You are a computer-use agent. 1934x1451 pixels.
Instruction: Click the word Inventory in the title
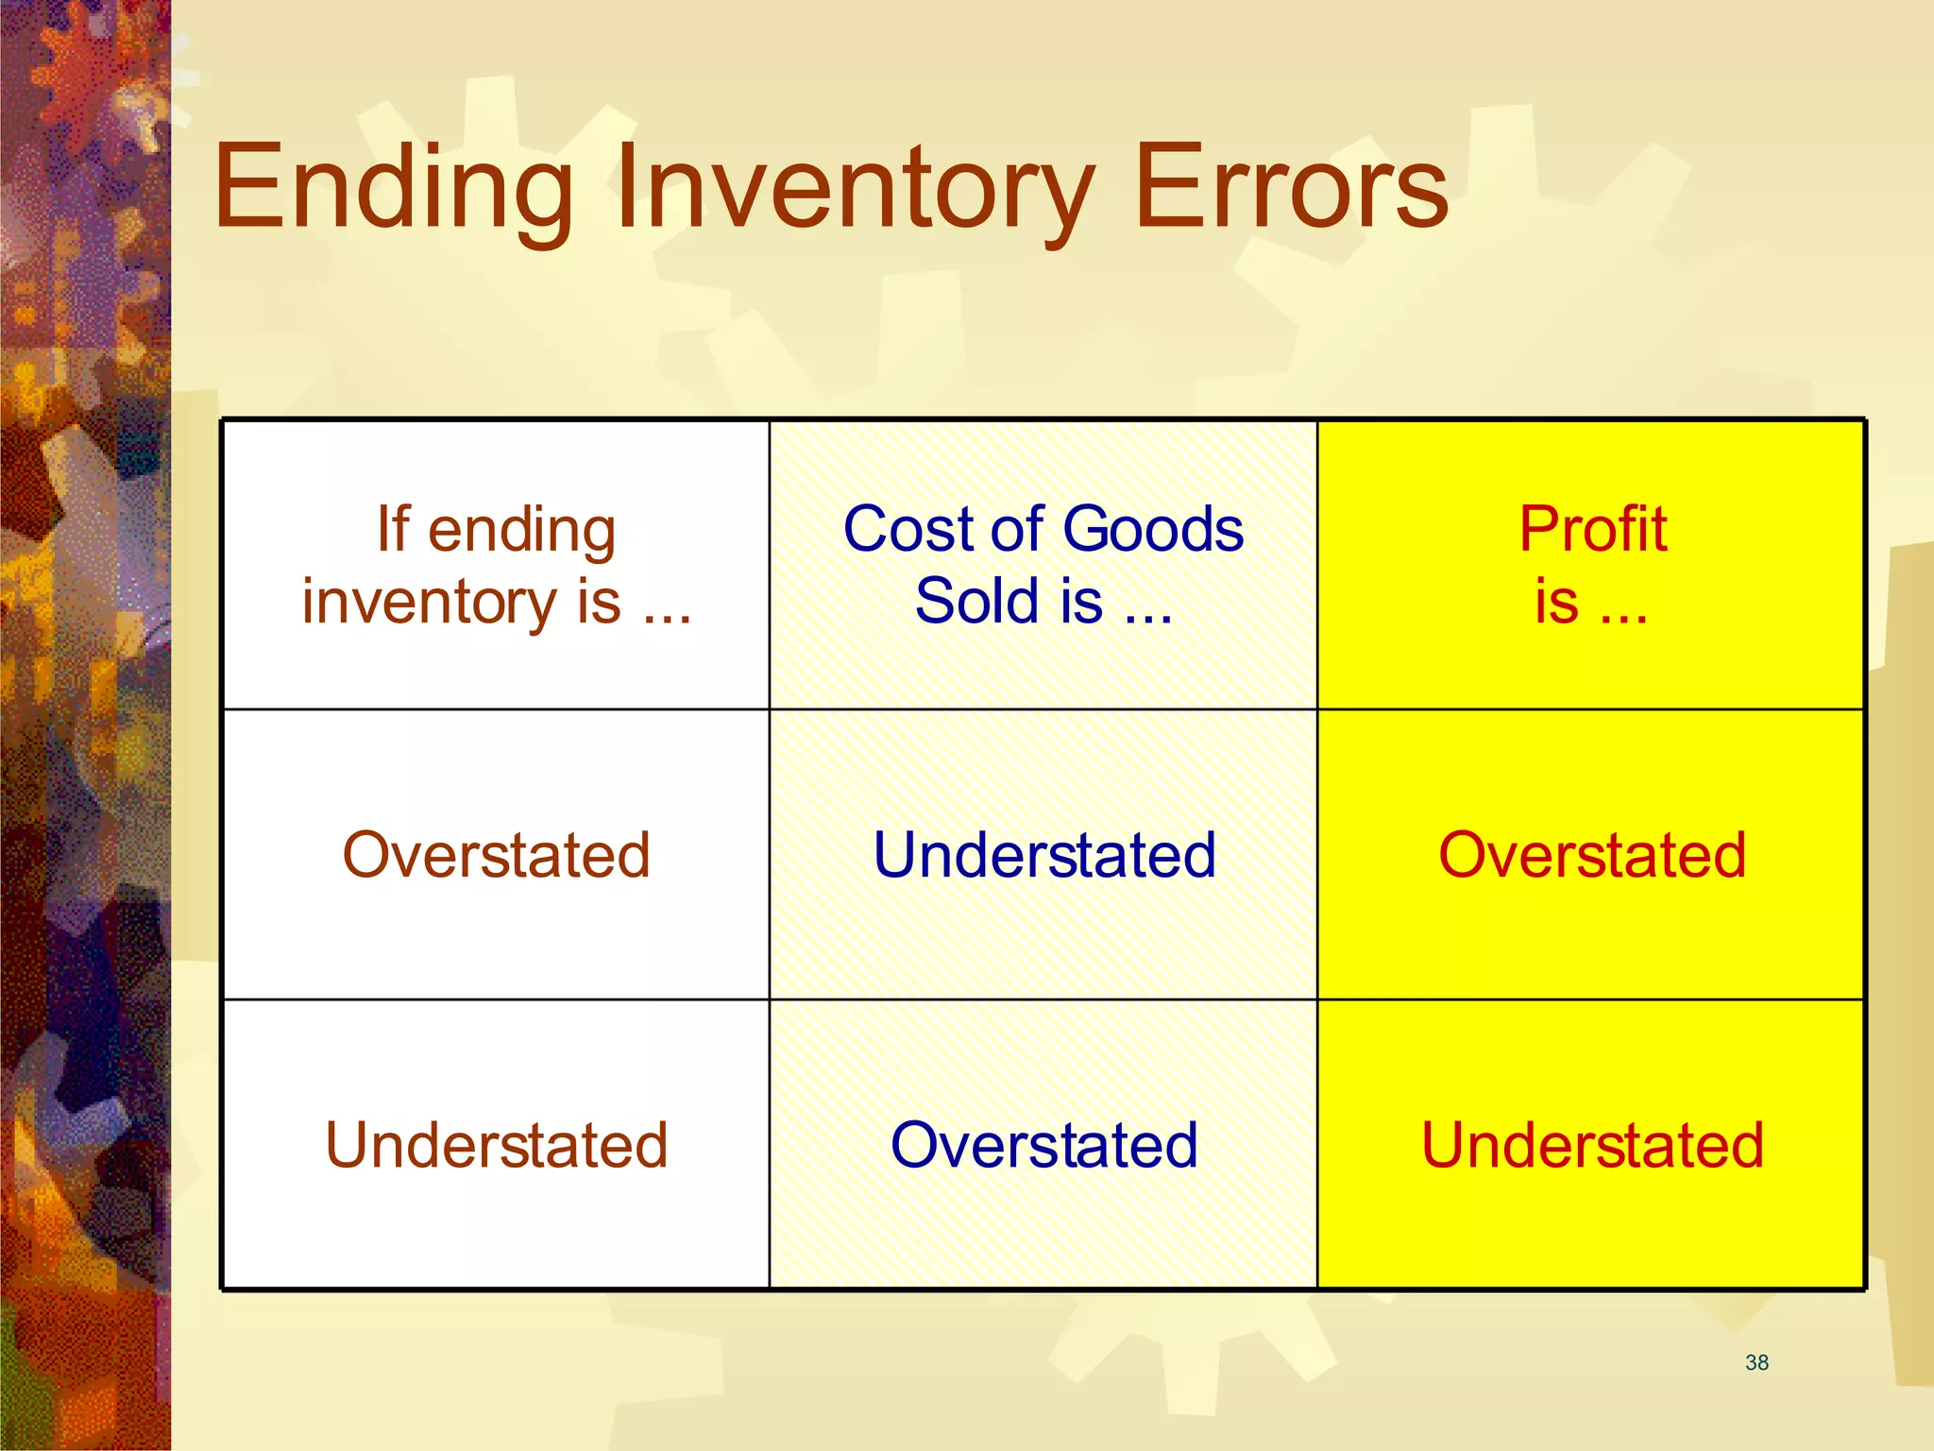pos(856,187)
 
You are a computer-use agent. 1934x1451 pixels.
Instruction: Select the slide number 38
pos(1756,1362)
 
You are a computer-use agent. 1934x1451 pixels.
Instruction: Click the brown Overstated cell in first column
pos(496,855)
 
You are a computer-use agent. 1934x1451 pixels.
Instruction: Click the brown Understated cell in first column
pos(496,1145)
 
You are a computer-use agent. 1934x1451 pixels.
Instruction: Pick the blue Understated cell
pos(1043,855)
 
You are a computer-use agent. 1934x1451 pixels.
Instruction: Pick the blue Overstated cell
pos(1043,1145)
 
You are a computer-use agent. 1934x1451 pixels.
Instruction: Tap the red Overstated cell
pos(1591,855)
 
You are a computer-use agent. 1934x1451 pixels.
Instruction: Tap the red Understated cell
pos(1591,1145)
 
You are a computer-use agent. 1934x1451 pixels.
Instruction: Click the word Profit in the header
pos(1592,529)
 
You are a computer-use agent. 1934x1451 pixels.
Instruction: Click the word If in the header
pos(393,529)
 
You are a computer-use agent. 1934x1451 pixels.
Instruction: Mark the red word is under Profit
pos(1556,602)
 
